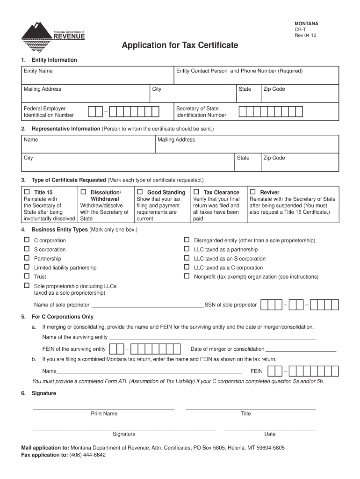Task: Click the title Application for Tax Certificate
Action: coord(180,45)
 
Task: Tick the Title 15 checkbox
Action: coord(27,192)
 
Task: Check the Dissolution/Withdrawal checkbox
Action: coord(83,192)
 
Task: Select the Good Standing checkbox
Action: coord(140,192)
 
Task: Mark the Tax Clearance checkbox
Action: coord(196,192)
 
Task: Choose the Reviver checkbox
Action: coord(252,192)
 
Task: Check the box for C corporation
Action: coord(27,240)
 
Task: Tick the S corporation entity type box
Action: coord(27,249)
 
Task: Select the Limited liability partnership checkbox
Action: coord(27,267)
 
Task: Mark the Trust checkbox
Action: coord(27,276)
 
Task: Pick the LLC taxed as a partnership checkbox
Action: coord(187,249)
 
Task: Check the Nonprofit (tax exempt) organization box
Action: coord(187,276)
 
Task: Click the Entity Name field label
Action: coord(38,71)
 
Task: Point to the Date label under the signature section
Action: coord(270,434)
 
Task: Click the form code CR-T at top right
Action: coord(300,29)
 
